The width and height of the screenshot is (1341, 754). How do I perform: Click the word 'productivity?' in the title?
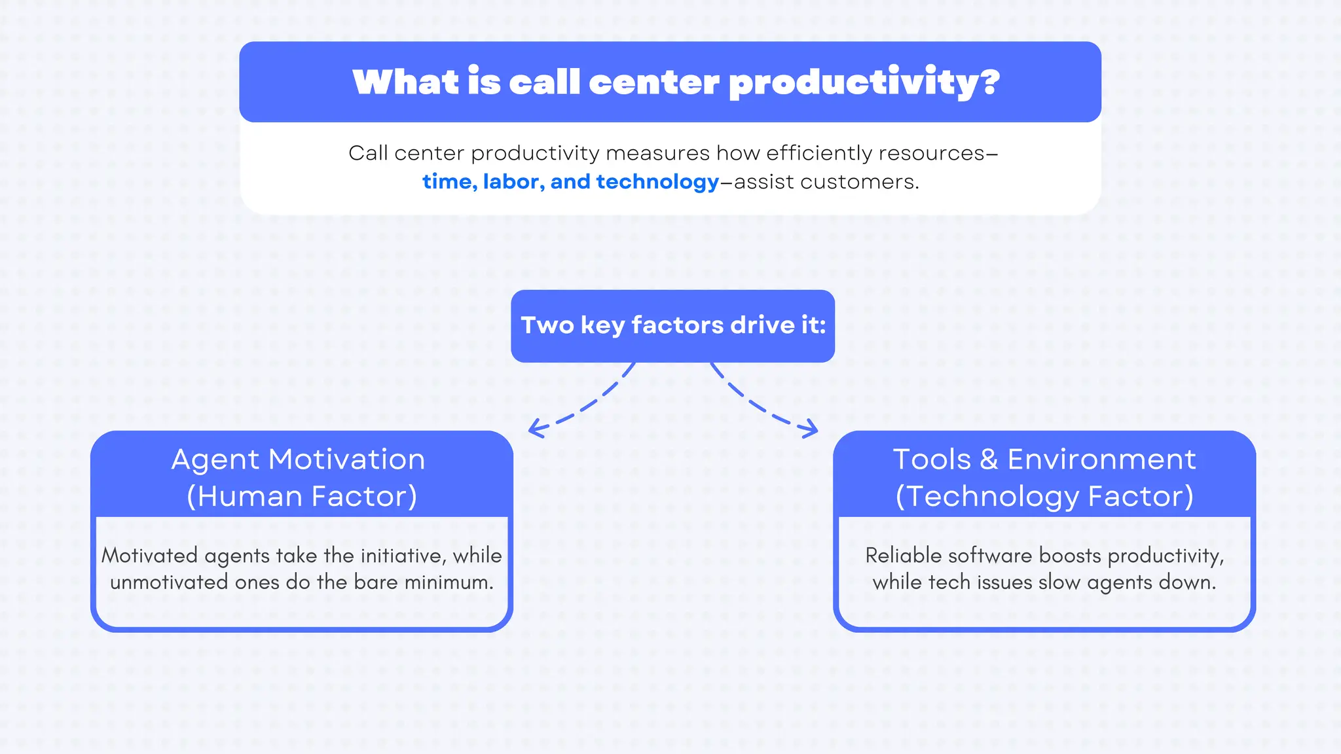pyautogui.click(x=864, y=83)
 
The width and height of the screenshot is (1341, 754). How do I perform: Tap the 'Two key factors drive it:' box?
pyautogui.click(x=672, y=326)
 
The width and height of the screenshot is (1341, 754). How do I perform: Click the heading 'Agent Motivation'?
pyautogui.click(x=299, y=459)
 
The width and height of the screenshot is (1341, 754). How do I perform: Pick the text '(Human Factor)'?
pyautogui.click(x=302, y=496)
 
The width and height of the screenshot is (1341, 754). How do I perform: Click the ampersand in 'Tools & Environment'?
pyautogui.click(x=989, y=459)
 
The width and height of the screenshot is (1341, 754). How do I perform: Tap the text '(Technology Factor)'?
pyautogui.click(x=1044, y=496)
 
